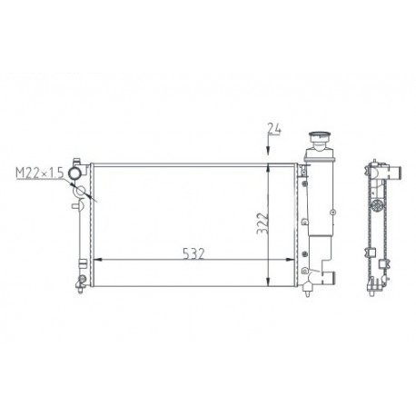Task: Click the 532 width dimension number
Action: click(x=193, y=254)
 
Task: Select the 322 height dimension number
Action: click(x=262, y=223)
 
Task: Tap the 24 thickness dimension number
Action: click(x=274, y=129)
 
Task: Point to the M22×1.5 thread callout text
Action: click(x=40, y=173)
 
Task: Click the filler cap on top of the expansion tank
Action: click(x=320, y=135)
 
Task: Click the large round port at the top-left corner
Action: click(x=75, y=173)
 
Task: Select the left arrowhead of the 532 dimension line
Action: click(x=98, y=260)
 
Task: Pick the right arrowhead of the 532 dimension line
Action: click(x=290, y=260)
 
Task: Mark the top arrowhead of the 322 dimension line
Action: click(x=268, y=168)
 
